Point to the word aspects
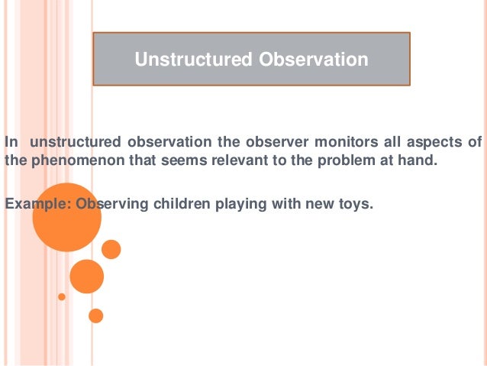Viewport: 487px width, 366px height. pyautogui.click(x=431, y=142)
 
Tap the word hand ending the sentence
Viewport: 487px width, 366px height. pyautogui.click(x=421, y=160)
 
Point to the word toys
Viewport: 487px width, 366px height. pyautogui.click(x=356, y=203)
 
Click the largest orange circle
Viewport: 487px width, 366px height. pyautogui.click(x=66, y=218)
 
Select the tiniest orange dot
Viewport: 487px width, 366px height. pyautogui.click(x=62, y=296)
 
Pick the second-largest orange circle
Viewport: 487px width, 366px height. pyautogui.click(x=86, y=277)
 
